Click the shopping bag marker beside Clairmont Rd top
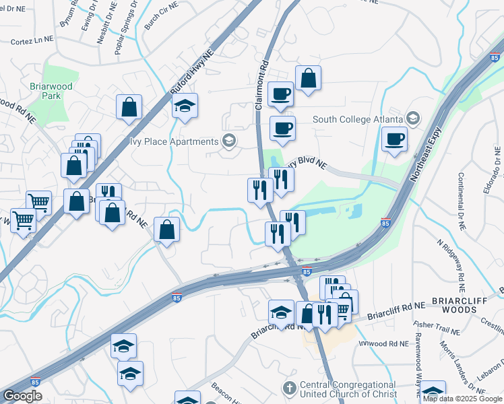tap(308, 78)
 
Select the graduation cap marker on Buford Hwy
tap(185, 106)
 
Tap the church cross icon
tap(289, 389)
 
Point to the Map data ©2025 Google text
tap(462, 399)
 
